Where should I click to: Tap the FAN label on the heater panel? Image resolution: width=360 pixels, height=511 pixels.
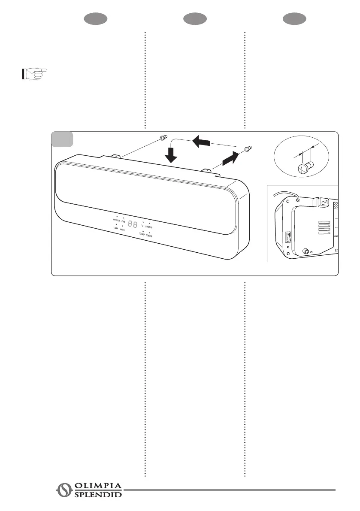(123, 221)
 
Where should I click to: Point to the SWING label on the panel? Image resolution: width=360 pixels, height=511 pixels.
(148, 227)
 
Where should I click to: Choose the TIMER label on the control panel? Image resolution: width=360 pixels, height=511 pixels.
(149, 236)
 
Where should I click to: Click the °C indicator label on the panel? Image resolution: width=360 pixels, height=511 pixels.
(142, 226)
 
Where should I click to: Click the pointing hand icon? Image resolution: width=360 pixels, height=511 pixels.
(34, 74)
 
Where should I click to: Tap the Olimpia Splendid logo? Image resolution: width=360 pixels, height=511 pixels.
(90, 490)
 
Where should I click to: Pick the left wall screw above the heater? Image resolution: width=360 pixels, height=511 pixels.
(163, 138)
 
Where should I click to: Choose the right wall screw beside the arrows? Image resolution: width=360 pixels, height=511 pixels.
(248, 149)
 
